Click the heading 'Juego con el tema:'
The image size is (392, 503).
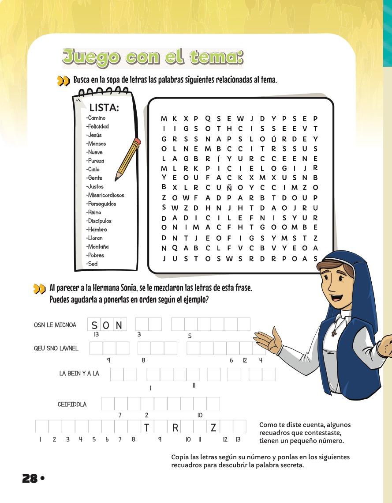(153, 57)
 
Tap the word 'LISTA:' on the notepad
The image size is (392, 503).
(104, 107)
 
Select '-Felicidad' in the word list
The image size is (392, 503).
(98, 126)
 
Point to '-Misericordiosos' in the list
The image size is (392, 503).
(105, 195)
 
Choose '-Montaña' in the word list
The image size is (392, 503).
(97, 246)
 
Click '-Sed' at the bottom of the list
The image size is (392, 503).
(92, 264)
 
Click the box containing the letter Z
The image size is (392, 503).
(213, 427)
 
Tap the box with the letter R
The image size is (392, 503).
(175, 427)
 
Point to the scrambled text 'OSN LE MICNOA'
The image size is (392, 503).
(55, 325)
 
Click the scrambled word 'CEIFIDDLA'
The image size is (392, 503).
(72, 404)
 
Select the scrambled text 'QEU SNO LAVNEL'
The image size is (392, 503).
(56, 348)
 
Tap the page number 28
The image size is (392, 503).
(30, 478)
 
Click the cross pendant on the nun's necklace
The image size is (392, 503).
(334, 332)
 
